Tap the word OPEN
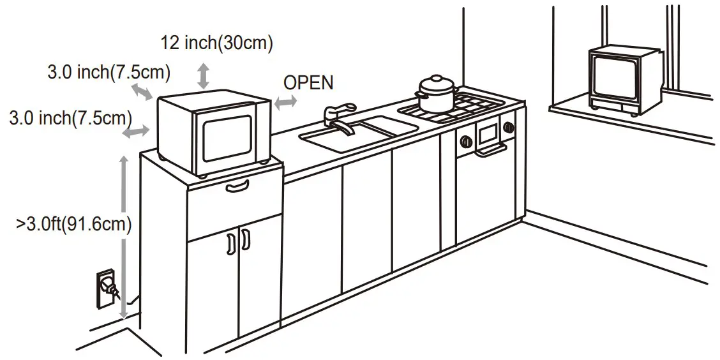[308, 82]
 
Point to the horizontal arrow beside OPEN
[285, 101]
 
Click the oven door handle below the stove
[490, 150]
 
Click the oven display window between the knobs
[488, 133]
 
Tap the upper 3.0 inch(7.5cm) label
[109, 73]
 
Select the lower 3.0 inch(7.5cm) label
[70, 118]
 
